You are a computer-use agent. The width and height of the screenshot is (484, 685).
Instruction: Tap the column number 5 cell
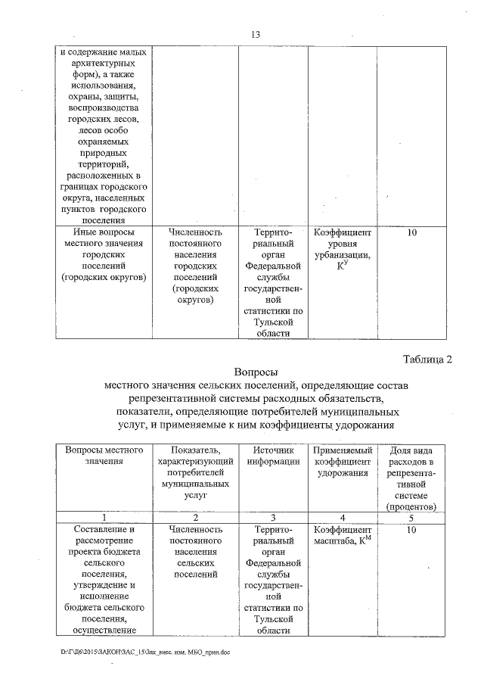411,517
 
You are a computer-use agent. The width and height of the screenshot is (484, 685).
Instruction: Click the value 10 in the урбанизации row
411,232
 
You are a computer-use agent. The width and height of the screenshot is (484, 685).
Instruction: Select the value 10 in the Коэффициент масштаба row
411,531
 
